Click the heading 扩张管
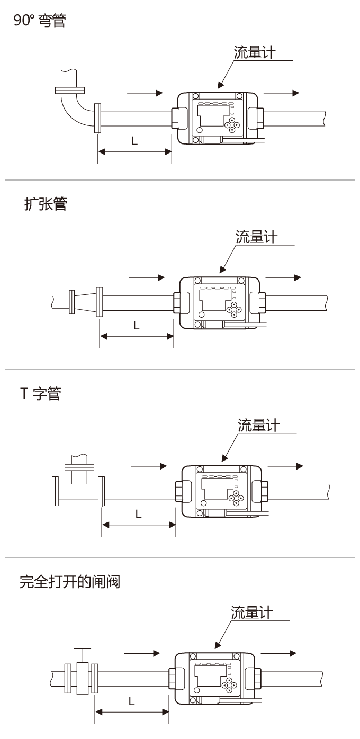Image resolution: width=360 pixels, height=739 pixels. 46,205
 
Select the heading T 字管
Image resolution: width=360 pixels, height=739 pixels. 40,393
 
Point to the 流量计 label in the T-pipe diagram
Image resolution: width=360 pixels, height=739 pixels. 258,426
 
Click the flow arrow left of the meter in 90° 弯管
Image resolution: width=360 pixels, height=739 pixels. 145,93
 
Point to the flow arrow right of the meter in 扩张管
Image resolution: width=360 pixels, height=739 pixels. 283,277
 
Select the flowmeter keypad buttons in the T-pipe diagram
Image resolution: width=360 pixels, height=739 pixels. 235,498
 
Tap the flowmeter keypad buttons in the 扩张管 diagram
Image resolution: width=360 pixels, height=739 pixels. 233,310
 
